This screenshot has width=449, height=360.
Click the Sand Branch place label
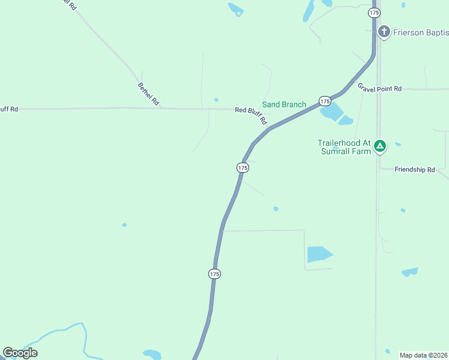click(x=284, y=104)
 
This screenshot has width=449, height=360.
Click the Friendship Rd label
click(x=414, y=170)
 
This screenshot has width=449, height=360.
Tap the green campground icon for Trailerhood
click(x=379, y=146)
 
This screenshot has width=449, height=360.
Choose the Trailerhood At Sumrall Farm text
click(x=344, y=147)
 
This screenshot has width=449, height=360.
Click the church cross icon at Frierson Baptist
click(x=384, y=31)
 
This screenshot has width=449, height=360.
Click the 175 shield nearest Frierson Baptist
click(x=375, y=13)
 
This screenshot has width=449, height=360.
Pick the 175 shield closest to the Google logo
click(x=214, y=274)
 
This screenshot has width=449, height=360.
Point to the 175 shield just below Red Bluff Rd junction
click(x=243, y=169)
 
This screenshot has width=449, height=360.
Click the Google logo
click(x=20, y=353)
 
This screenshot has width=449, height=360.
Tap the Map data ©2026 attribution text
click(x=424, y=355)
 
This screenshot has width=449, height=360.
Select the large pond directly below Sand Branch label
click(x=331, y=112)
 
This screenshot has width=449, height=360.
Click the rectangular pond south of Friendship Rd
click(x=319, y=254)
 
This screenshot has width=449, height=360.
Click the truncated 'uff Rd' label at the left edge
click(x=9, y=109)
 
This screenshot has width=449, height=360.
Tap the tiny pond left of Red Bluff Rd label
click(x=216, y=100)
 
